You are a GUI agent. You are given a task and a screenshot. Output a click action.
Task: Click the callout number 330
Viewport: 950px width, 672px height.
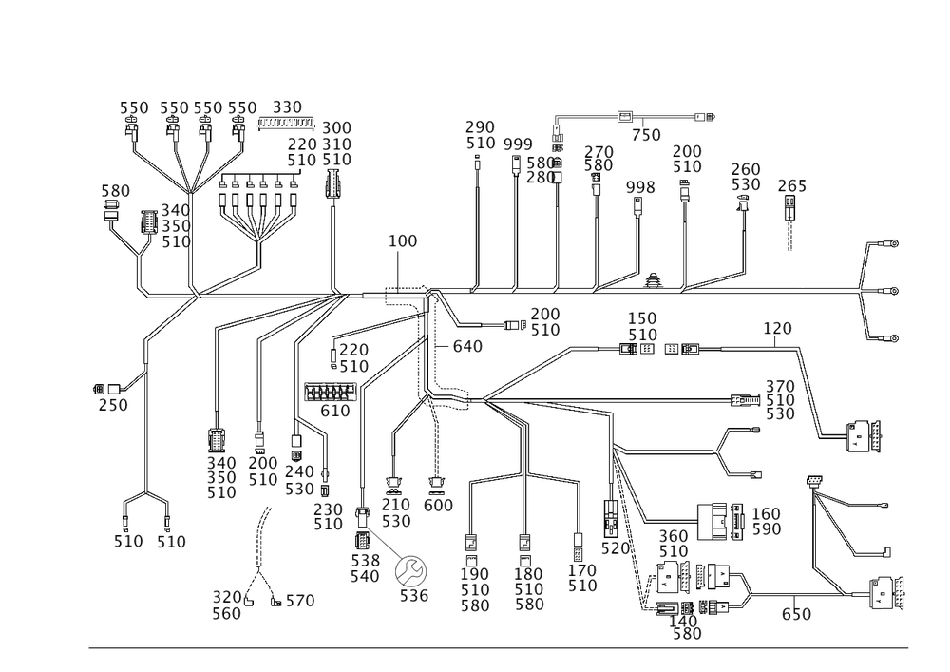(x=287, y=106)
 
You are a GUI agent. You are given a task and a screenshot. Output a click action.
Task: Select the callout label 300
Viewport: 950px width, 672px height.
(x=336, y=127)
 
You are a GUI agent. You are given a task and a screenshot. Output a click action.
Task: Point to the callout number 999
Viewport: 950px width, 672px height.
(x=518, y=144)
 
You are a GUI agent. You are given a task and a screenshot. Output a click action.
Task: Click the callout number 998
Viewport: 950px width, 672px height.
(x=641, y=187)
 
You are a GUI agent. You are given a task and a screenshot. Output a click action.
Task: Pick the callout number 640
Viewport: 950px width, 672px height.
(x=467, y=347)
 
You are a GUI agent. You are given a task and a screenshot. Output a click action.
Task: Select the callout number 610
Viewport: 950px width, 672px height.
(x=336, y=411)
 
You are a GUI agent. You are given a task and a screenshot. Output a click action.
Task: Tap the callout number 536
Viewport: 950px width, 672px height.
(x=414, y=596)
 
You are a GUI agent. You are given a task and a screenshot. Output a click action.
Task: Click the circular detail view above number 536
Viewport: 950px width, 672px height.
(x=412, y=570)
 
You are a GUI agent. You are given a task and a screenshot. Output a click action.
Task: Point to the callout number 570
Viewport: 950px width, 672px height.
(x=617, y=548)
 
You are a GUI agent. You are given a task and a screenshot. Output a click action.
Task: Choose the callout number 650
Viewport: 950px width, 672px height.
(x=796, y=614)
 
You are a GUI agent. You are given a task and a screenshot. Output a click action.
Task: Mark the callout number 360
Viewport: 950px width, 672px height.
(x=673, y=536)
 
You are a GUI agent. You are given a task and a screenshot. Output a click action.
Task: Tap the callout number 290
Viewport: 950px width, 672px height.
(x=481, y=126)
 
